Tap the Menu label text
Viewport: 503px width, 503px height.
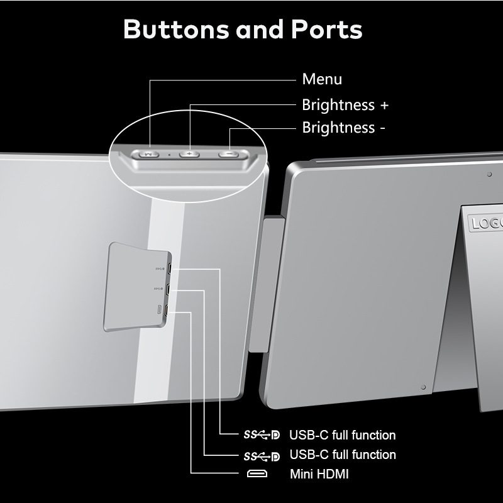322,79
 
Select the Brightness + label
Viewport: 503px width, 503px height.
345,104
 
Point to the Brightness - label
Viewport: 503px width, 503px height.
343,128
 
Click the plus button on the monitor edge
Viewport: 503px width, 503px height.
189,153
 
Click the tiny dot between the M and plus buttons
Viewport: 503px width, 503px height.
169,153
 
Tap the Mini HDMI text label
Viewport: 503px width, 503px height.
319,473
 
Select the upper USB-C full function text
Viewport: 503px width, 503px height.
342,435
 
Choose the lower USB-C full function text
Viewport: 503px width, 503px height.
342,455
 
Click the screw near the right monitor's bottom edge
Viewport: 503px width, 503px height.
423,387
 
